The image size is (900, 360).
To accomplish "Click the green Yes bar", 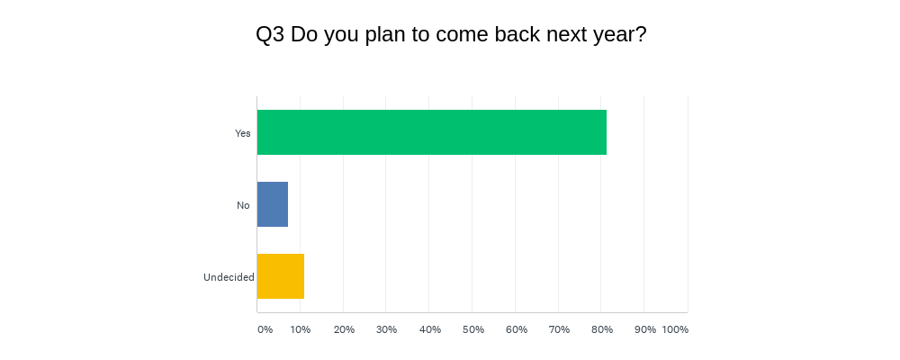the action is point(432,132).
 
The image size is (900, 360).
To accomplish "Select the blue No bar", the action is point(273,204).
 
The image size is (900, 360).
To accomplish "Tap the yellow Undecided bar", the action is point(281,276).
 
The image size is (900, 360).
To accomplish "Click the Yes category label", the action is point(243,133).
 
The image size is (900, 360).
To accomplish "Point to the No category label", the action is point(243,205).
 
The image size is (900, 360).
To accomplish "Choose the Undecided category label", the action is point(229,277).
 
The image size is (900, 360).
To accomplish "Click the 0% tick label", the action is point(265,329).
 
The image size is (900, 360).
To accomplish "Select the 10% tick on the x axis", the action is point(301,329).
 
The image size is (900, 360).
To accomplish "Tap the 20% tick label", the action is point(344,329).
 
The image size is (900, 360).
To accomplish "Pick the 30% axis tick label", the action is point(387,329).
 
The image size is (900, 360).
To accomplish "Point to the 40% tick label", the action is point(430,329).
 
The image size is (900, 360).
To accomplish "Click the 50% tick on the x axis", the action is point(473,329).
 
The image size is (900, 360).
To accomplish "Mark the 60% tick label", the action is point(516,329).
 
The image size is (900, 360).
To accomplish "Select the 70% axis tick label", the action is point(559,329).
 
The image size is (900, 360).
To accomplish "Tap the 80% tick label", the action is point(602,329).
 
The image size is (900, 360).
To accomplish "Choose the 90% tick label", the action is point(645,329).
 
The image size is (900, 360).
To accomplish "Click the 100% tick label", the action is point(675,329).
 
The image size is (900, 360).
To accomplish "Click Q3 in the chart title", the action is point(270,35).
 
